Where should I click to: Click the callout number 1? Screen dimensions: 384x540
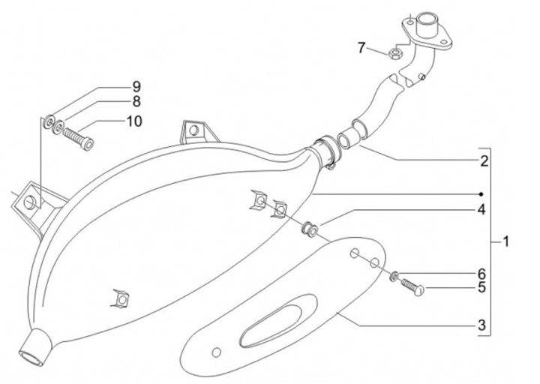tap(506, 241)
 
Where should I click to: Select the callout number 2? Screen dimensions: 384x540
tap(485, 160)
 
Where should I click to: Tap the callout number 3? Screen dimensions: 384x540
tap(484, 325)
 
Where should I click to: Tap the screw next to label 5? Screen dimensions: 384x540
tap(412, 286)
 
